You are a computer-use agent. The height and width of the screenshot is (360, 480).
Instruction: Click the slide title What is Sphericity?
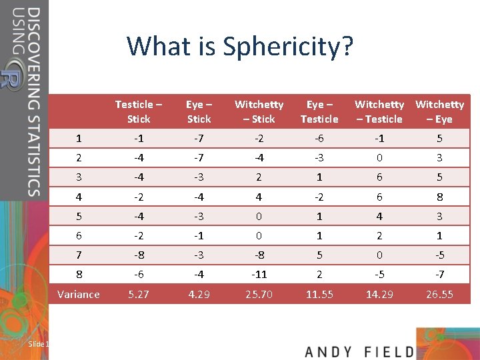(240, 47)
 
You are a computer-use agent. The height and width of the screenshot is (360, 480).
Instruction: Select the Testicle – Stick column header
(139, 111)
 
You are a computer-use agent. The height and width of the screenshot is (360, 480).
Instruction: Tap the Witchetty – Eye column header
(439, 111)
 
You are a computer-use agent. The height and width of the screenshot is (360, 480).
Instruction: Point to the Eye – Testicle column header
(319, 111)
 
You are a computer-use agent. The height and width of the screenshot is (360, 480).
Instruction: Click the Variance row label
(79, 294)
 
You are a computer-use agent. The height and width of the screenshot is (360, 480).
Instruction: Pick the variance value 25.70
(259, 294)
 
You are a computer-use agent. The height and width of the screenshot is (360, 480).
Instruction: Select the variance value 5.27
(139, 294)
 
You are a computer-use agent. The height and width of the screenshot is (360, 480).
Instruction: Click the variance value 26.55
(439, 294)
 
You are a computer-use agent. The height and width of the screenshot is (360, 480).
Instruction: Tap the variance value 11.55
(319, 294)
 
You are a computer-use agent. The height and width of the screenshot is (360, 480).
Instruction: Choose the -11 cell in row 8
(259, 274)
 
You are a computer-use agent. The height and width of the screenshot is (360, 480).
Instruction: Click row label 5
(79, 216)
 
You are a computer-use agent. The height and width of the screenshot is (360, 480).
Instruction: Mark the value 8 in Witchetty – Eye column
(439, 197)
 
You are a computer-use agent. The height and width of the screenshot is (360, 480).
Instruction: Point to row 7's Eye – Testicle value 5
(319, 255)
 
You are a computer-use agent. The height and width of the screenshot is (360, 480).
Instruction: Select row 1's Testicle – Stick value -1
(139, 139)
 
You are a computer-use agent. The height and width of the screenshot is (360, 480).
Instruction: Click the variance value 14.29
(379, 294)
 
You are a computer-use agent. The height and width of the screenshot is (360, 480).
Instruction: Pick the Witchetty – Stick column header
(259, 111)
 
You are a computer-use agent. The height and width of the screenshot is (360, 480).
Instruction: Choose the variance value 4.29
(199, 294)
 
